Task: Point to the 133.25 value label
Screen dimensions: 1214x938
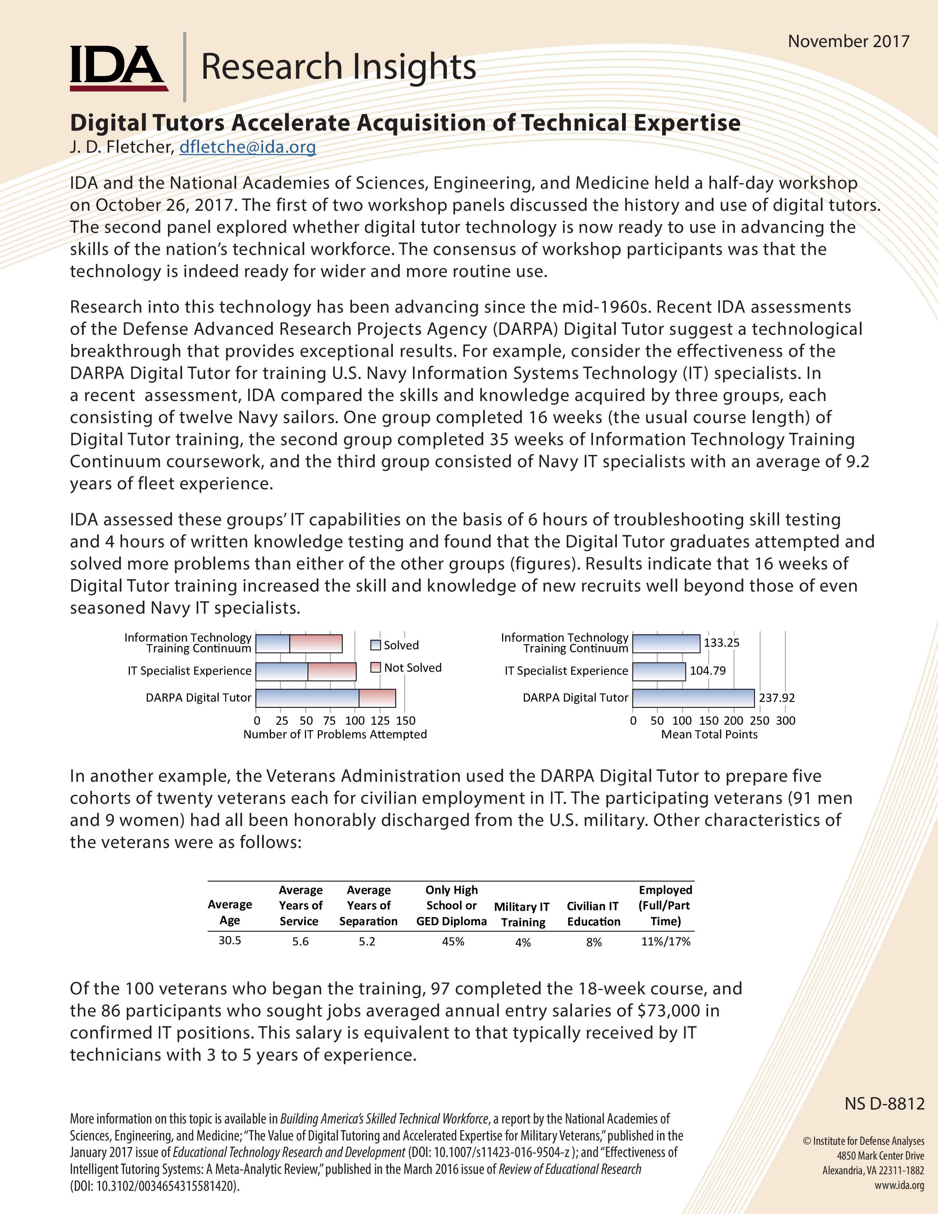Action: pyautogui.click(x=721, y=643)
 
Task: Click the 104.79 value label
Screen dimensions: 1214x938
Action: pyautogui.click(x=707, y=670)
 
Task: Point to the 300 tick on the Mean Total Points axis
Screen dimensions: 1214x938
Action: pyautogui.click(x=785, y=720)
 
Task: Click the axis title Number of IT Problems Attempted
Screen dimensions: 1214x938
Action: pyautogui.click(x=335, y=734)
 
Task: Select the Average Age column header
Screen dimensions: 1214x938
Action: pyautogui.click(x=230, y=912)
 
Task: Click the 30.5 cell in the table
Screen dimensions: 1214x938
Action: pyautogui.click(x=230, y=941)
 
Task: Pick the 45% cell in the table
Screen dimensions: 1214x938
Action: pyautogui.click(x=452, y=942)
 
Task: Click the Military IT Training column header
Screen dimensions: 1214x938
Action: pyautogui.click(x=522, y=915)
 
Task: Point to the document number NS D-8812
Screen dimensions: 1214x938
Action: pyautogui.click(x=884, y=1103)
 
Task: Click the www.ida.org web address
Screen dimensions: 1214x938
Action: pyautogui.click(x=899, y=1185)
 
